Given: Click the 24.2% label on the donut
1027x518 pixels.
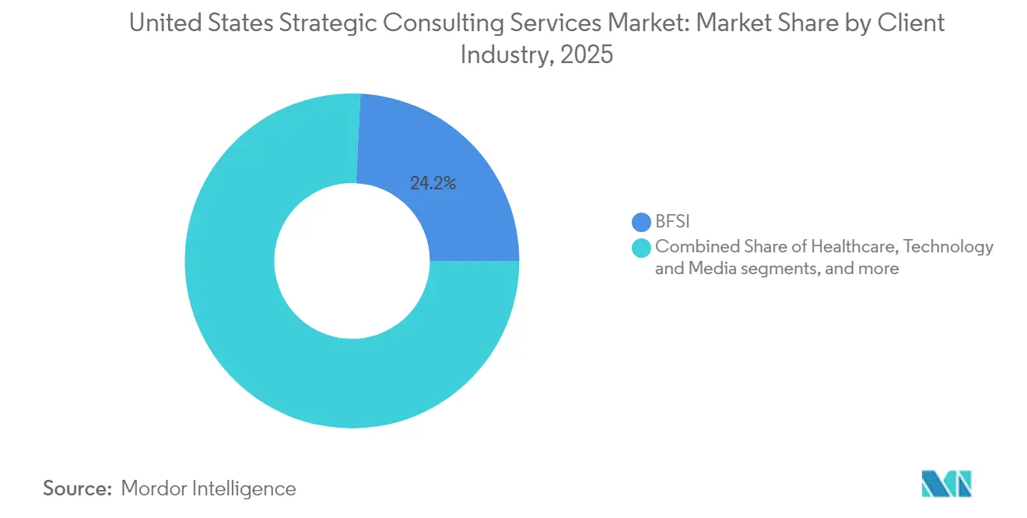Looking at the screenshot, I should point(433,184).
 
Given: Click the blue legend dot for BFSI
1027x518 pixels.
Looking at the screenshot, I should point(642,223).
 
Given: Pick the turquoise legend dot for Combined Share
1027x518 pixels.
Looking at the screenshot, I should point(642,247).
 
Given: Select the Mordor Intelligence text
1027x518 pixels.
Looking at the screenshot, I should point(209,488).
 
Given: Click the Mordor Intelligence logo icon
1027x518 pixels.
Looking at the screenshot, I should point(947,484).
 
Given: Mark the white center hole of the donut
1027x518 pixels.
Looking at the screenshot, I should point(352,261).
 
